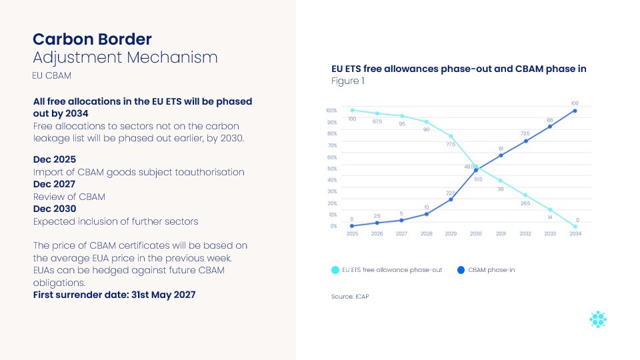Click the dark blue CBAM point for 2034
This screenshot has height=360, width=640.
click(x=575, y=111)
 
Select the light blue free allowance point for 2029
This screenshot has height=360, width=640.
click(x=451, y=136)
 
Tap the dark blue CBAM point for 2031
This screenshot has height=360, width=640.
click(x=501, y=155)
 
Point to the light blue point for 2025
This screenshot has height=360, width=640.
click(x=352, y=110)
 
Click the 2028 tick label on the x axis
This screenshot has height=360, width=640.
click(x=426, y=234)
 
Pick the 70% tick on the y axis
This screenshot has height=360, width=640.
click(x=331, y=145)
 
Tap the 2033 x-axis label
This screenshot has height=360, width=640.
click(x=550, y=234)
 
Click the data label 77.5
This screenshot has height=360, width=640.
click(x=451, y=144)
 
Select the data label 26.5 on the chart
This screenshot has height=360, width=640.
click(x=525, y=203)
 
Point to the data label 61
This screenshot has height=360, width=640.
click(x=501, y=148)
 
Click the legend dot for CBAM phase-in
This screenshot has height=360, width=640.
click(x=461, y=270)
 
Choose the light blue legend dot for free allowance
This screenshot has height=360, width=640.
click(x=335, y=270)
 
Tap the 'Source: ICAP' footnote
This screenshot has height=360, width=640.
click(x=350, y=296)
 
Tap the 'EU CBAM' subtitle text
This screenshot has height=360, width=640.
click(x=51, y=76)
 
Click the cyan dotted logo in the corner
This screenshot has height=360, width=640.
click(x=598, y=319)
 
